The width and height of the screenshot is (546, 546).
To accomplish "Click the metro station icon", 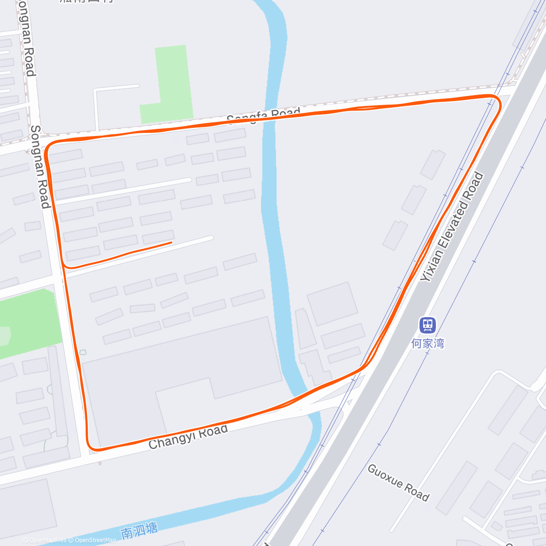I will (427, 325).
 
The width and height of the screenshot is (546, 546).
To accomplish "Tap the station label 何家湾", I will (427, 343).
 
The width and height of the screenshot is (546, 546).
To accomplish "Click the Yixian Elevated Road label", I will (451, 227).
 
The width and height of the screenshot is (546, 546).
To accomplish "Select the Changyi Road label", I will (188, 437).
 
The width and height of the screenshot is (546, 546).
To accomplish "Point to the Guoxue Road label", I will (398, 482).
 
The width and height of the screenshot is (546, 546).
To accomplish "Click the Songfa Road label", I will (263, 116).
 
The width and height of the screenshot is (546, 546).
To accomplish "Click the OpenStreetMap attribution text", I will (95, 540).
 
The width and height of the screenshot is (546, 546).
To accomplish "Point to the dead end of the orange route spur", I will (171, 243).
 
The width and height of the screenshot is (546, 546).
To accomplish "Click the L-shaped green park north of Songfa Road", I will (168, 86).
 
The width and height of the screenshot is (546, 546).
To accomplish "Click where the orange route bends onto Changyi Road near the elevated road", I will (364, 366).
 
